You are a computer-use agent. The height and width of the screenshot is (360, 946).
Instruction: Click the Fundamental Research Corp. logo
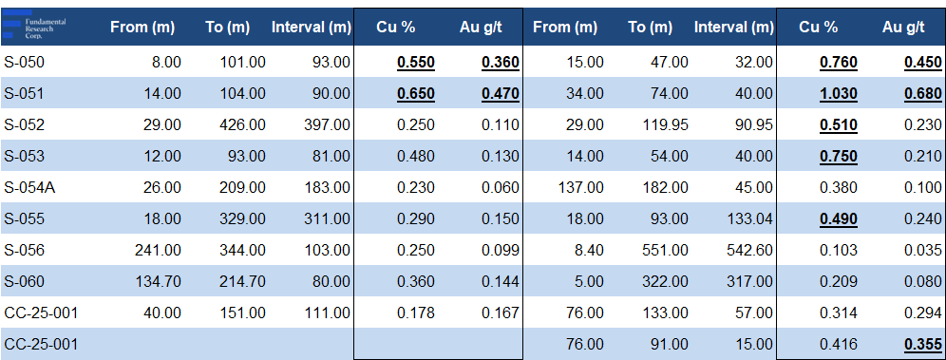34,26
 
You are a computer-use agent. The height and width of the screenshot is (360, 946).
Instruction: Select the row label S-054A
29,187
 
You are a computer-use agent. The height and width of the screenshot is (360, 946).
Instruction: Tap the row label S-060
24,281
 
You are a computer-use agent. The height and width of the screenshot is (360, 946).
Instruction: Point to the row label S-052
24,124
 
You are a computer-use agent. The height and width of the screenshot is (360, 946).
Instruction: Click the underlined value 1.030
838,94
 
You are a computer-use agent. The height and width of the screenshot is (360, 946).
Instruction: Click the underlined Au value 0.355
923,345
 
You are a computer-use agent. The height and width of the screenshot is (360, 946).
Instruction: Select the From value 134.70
159,281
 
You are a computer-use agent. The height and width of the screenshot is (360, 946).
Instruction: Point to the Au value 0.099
501,250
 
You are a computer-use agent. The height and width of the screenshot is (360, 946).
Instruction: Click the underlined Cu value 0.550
416,63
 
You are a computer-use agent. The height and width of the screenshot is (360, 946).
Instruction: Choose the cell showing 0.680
923,94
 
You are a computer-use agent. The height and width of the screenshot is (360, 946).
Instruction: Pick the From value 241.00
159,250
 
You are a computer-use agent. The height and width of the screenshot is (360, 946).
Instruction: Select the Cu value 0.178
416,313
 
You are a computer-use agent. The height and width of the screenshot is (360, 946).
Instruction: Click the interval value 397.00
328,124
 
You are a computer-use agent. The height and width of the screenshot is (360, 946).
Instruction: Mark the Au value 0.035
923,250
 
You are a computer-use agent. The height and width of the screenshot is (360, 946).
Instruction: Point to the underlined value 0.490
838,219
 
